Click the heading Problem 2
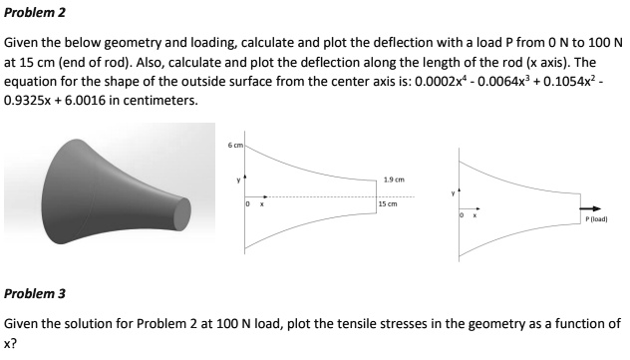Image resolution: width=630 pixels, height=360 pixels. coord(31,14)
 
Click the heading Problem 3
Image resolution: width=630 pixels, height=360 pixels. coord(31,294)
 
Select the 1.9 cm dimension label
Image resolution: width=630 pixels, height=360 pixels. coord(393,180)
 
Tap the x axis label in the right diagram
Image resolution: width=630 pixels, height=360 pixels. coord(473,215)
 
